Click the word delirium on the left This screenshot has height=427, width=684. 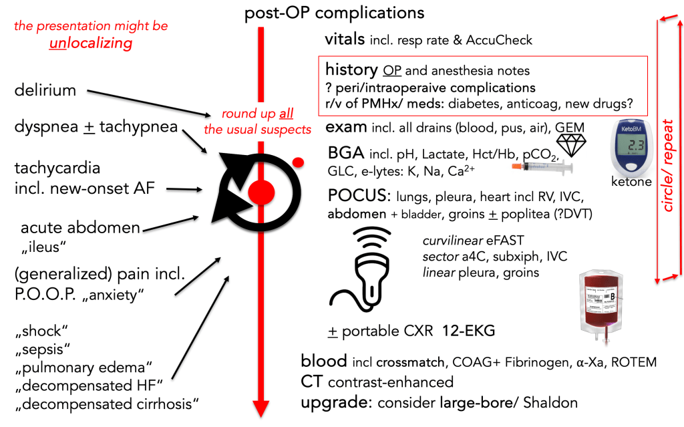(x=45, y=90)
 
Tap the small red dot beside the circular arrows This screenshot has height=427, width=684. (x=299, y=161)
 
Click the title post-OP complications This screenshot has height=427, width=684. (x=333, y=12)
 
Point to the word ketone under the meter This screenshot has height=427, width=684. (x=631, y=181)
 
